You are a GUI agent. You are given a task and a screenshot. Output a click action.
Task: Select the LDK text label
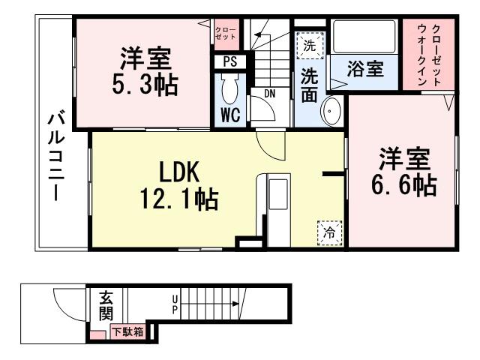pyautogui.click(x=177, y=172)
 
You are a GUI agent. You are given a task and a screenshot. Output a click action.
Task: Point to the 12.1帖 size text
pyautogui.click(x=177, y=199)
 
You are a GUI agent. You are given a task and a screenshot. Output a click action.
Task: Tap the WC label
pyautogui.click(x=229, y=116)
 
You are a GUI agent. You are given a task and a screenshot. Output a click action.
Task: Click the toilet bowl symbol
pyautogui.click(x=229, y=89)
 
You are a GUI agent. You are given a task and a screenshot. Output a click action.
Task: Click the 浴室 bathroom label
pyautogui.click(x=366, y=70)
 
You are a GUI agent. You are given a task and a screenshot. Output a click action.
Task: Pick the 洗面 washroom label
pyautogui.click(x=309, y=85)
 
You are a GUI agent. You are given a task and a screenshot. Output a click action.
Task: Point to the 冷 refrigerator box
pyautogui.click(x=329, y=233)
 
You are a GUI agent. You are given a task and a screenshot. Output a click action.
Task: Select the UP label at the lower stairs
pyautogui.click(x=175, y=304)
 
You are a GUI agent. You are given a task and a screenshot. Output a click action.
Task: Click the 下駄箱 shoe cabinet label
pyautogui.click(x=128, y=331)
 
